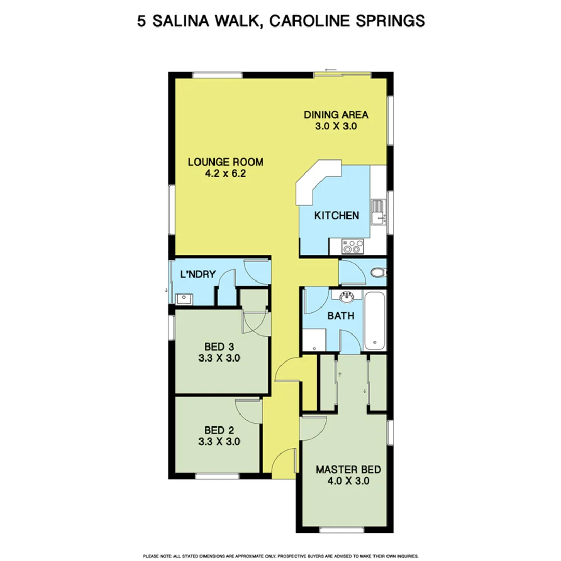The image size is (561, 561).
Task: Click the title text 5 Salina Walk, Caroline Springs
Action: tap(280, 21)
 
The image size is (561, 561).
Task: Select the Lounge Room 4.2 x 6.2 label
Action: tap(225, 162)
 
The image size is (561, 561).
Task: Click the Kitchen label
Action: tap(337, 215)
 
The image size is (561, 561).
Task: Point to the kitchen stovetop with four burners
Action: tap(351, 245)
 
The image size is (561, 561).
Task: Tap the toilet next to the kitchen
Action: tap(380, 272)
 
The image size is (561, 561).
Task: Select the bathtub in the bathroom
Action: tap(375, 321)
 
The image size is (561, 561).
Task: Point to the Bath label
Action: tap(340, 315)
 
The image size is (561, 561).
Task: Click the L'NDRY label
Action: tap(197, 274)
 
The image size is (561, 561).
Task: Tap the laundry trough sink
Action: tap(182, 299)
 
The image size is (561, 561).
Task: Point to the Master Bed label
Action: tap(349, 470)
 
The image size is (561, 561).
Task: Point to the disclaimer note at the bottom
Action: tap(280, 555)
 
